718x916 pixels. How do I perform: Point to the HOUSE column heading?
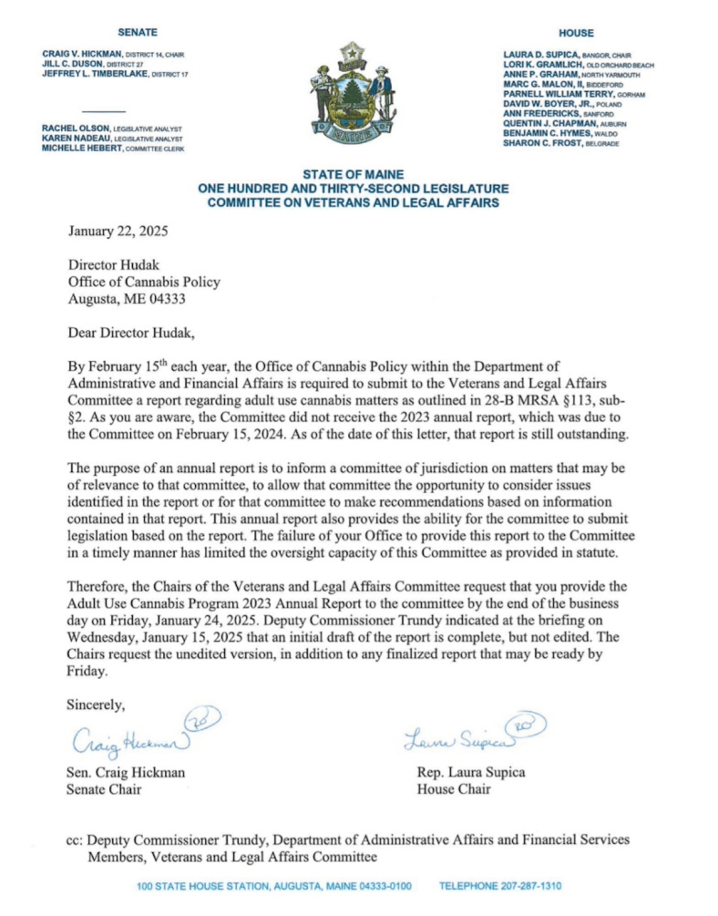(x=576, y=32)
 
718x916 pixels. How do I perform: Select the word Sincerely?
(x=97, y=704)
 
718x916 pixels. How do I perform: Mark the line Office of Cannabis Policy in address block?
(x=144, y=282)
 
